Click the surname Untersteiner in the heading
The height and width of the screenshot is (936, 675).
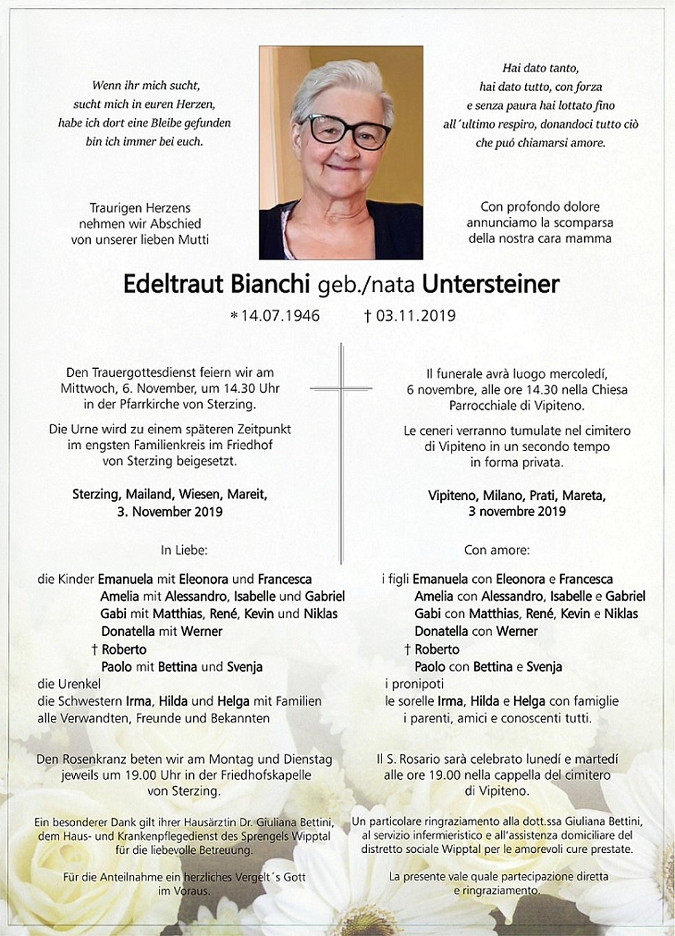(490, 284)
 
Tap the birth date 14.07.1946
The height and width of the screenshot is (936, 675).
(279, 316)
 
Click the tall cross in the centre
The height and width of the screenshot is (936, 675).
(341, 446)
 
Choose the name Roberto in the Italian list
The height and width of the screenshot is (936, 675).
(436, 650)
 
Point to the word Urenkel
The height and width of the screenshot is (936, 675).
(80, 684)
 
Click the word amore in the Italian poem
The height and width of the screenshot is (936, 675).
(587, 143)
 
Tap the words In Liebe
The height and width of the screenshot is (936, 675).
(184, 550)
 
